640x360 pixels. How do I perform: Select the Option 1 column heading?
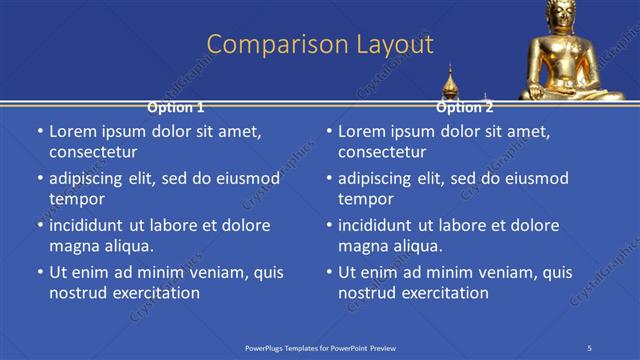point(176,107)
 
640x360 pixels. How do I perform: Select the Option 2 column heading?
point(465,107)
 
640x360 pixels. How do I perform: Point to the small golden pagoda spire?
point(451,82)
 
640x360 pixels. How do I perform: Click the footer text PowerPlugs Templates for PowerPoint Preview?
point(320,347)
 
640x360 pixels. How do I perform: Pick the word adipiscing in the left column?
point(91,178)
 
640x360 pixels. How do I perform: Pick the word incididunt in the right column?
point(380,225)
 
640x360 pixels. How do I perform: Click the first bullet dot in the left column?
point(38,132)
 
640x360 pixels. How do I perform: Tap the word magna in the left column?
point(73,245)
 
